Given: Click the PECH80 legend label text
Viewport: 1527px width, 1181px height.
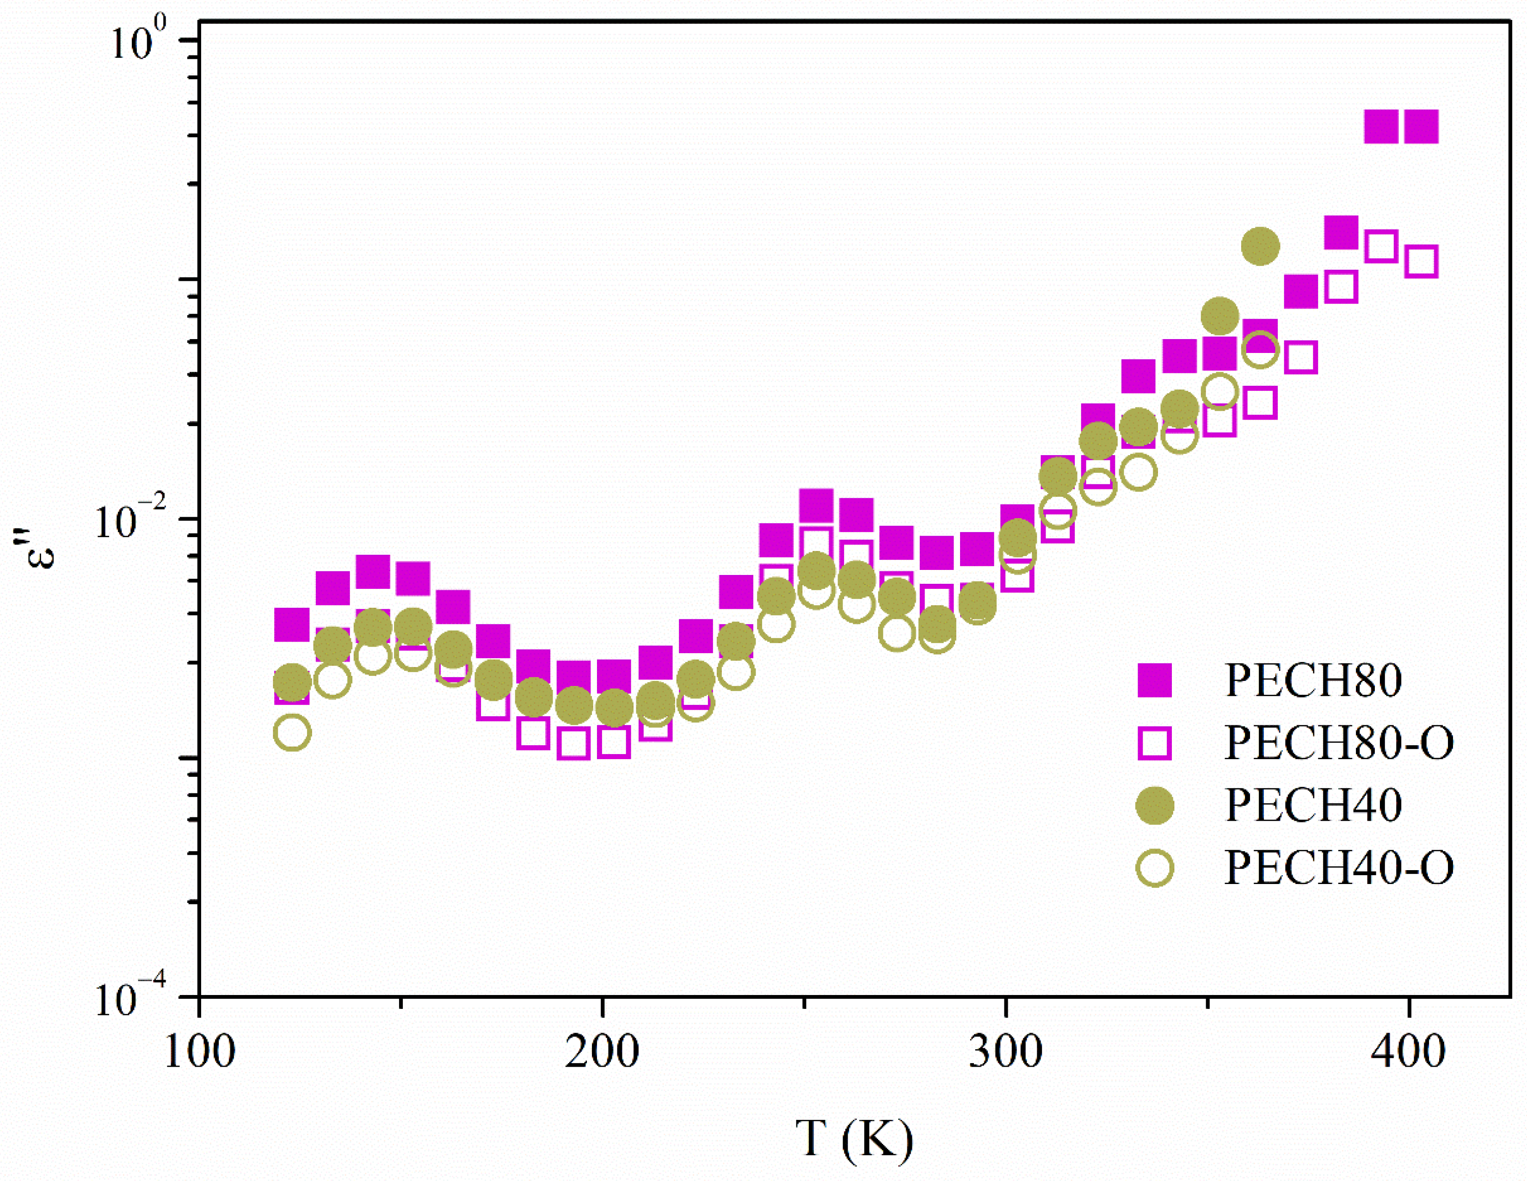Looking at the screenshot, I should (x=1313, y=680).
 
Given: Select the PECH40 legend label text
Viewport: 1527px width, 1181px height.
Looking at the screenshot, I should (x=1313, y=805).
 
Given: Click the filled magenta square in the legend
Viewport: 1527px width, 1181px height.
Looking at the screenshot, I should (x=1154, y=680).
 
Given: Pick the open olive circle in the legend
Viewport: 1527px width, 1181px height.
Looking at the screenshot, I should (x=1154, y=868).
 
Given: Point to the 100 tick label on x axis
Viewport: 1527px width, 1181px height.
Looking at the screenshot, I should (x=199, y=1051).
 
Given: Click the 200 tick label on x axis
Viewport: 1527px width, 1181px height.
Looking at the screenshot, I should (x=602, y=1051).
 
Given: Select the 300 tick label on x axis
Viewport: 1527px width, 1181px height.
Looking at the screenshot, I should (x=1005, y=1051).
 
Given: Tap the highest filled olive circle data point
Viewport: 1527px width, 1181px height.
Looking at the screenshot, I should (x=1260, y=246).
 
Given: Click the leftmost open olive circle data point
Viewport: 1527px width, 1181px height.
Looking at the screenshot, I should (x=292, y=732).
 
